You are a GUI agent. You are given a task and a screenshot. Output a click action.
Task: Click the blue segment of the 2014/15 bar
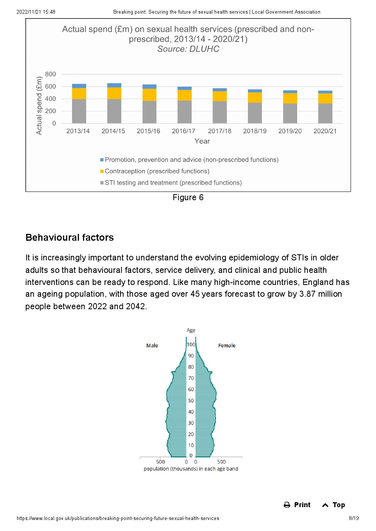pyautogui.click(x=114, y=85)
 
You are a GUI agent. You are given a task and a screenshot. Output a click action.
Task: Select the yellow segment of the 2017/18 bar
pyautogui.click(x=219, y=96)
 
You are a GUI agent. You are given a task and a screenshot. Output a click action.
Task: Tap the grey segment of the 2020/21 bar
pyautogui.click(x=325, y=113)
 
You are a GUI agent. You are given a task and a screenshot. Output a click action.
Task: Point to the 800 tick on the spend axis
pyautogui.click(x=50, y=74)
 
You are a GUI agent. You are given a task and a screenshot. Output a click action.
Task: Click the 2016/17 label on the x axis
pyautogui.click(x=183, y=131)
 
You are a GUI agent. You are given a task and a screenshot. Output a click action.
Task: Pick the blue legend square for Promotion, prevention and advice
pyautogui.click(x=102, y=160)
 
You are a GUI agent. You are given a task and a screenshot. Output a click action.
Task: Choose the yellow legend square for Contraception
pyautogui.click(x=102, y=171)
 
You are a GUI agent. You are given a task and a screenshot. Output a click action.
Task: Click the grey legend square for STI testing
pyautogui.click(x=102, y=183)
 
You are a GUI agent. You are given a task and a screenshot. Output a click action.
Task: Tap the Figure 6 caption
pyautogui.click(x=188, y=198)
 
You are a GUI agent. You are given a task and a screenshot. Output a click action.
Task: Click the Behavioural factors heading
pyautogui.click(x=69, y=238)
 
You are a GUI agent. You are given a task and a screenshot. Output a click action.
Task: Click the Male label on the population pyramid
pyautogui.click(x=152, y=346)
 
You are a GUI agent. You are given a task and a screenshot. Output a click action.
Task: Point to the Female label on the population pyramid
pyautogui.click(x=227, y=346)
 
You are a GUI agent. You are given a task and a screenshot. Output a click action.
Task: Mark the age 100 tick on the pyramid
pyautogui.click(x=191, y=344)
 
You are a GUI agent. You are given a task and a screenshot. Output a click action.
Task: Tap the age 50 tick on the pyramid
pyautogui.click(x=191, y=401)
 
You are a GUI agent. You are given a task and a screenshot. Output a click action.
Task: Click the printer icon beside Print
pyautogui.click(x=287, y=505)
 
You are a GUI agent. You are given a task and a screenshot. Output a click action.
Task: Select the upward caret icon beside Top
pyautogui.click(x=325, y=505)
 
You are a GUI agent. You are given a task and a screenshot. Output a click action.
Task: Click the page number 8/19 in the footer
pyautogui.click(x=354, y=519)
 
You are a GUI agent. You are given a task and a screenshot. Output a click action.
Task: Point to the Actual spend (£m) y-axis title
pyautogui.click(x=39, y=106)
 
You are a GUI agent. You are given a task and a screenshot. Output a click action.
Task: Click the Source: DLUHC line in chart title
pyautogui.click(x=188, y=49)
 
